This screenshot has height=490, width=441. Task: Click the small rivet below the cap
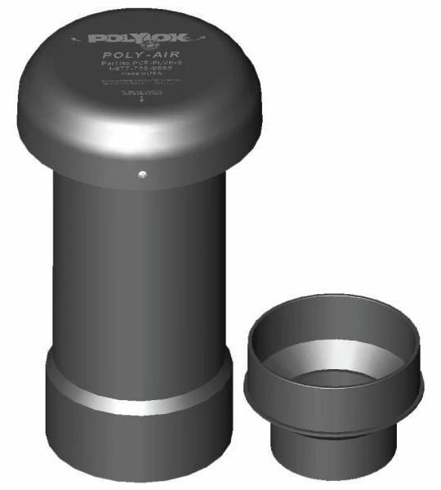[x=142, y=173]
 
